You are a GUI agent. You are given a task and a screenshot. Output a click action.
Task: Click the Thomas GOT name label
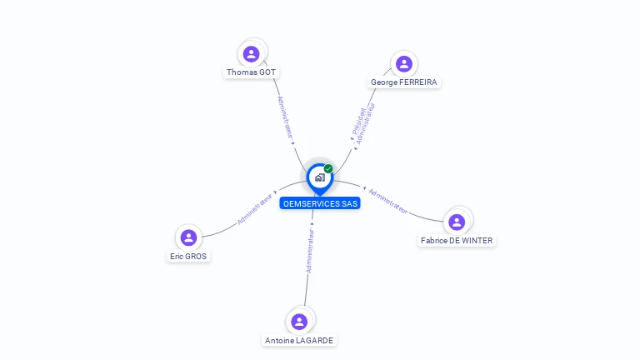[251, 72]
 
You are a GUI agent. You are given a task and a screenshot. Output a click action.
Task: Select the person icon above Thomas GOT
[251, 54]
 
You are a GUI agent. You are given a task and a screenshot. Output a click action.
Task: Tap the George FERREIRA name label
[404, 82]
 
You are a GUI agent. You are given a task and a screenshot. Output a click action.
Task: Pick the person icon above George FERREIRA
[404, 64]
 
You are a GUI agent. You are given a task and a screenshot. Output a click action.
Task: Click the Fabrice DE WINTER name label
[457, 241]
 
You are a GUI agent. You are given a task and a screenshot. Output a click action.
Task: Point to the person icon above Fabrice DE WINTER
[457, 222]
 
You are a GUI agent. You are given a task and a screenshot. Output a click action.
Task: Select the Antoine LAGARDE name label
[299, 340]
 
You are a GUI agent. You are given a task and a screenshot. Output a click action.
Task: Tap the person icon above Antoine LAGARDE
[299, 322]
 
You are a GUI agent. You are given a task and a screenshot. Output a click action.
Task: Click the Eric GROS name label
[188, 257]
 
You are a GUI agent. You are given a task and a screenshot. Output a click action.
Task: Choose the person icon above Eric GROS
[188, 238]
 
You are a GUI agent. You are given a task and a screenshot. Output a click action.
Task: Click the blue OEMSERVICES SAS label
[320, 203]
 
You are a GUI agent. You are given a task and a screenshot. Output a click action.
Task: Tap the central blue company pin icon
[319, 177]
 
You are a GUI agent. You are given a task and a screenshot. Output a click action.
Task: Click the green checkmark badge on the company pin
[328, 169]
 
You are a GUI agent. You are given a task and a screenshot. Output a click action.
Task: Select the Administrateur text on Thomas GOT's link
[285, 117]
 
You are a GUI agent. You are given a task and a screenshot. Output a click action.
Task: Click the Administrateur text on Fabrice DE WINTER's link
[388, 201]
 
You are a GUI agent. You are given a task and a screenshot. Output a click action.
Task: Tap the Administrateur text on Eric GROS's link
[254, 210]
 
